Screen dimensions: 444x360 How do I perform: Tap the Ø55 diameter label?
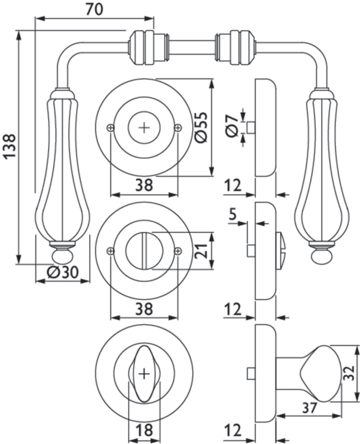pos(201,128)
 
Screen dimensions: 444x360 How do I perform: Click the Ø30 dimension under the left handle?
pos(62,272)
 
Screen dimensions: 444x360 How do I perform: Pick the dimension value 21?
pos(202,251)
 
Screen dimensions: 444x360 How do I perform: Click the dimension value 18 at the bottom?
pos(144,430)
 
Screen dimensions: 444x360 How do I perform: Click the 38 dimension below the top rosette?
pos(144,186)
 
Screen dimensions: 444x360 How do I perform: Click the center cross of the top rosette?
pos(144,128)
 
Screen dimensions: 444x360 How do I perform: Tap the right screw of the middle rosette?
pos(178,251)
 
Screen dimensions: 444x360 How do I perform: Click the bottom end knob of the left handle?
pos(62,256)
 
